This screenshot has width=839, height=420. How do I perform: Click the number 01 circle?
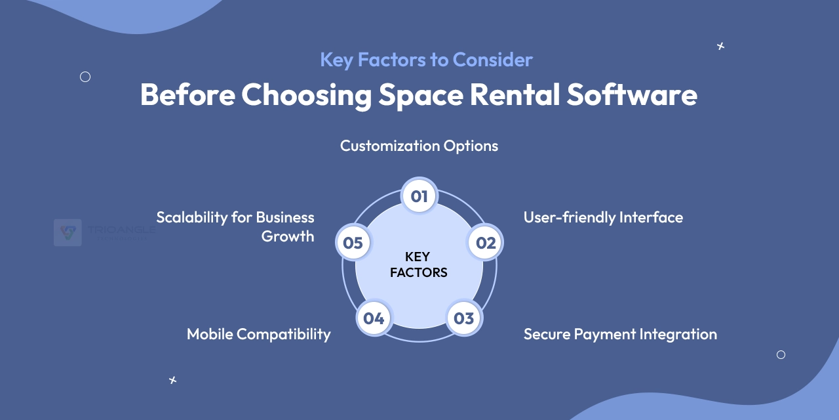(x=419, y=196)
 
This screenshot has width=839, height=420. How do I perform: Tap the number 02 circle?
(x=485, y=243)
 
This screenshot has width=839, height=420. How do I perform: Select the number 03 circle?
(x=463, y=318)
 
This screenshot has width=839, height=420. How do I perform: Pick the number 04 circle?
(x=374, y=318)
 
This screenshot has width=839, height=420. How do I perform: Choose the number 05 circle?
(x=353, y=243)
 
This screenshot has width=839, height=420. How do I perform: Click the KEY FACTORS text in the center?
(x=419, y=264)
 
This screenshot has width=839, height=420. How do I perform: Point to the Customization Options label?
(x=419, y=146)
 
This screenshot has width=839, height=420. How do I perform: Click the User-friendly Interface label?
(x=603, y=217)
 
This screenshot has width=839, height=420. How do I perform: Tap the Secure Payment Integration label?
(x=620, y=334)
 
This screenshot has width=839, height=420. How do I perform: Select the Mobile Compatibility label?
(x=259, y=334)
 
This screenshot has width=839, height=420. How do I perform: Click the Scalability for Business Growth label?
(x=235, y=226)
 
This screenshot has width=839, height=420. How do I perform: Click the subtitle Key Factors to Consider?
(x=426, y=60)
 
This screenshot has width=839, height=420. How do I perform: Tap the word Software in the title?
(x=632, y=95)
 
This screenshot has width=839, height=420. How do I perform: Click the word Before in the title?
(x=187, y=95)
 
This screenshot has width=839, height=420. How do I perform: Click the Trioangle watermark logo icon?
(x=68, y=232)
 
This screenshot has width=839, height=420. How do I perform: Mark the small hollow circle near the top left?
(x=85, y=77)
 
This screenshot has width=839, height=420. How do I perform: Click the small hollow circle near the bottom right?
(x=781, y=354)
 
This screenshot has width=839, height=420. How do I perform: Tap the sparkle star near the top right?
(x=720, y=46)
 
